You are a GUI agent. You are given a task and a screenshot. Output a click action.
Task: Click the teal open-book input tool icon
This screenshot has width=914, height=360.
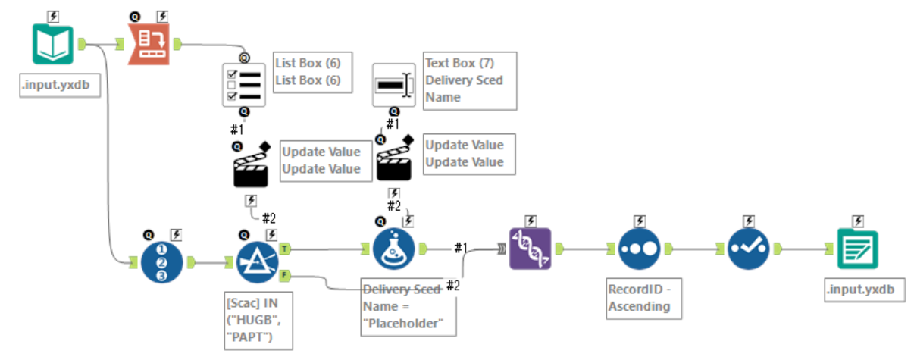point(54,44)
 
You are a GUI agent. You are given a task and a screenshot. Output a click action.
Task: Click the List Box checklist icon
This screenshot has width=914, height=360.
point(245,85)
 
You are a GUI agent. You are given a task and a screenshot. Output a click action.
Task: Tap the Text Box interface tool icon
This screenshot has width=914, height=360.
point(394,85)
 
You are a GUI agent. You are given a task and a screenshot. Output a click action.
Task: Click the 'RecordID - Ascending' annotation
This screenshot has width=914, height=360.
point(639,298)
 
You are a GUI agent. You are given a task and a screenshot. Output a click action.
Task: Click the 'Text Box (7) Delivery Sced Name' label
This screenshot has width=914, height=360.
point(469,80)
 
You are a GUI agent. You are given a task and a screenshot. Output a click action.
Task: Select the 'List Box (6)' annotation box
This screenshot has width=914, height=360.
point(311,72)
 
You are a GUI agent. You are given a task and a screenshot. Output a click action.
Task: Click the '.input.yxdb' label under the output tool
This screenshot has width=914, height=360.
point(863,290)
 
